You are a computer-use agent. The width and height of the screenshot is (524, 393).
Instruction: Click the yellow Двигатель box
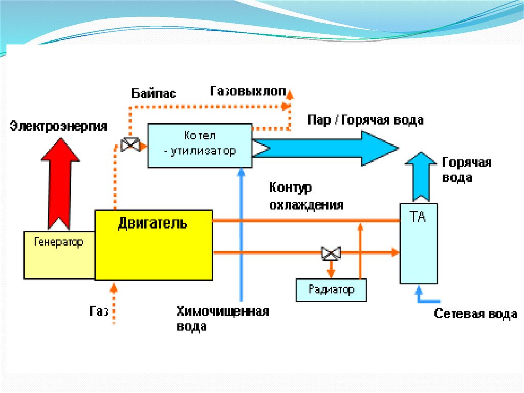pyautogui.click(x=154, y=245)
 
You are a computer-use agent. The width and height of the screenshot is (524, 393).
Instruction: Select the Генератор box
pyautogui.click(x=59, y=255)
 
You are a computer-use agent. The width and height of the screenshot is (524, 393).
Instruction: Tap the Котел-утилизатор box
pyautogui.click(x=200, y=145)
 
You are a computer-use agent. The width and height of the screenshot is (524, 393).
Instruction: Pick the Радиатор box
pyautogui.click(x=332, y=290)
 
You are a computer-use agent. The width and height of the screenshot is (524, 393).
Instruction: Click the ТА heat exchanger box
pyautogui.click(x=418, y=243)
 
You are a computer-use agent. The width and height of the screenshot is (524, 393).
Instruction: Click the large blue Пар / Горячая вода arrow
pyautogui.click(x=327, y=148)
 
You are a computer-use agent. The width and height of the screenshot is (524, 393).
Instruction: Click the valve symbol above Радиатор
pyautogui.click(x=331, y=252)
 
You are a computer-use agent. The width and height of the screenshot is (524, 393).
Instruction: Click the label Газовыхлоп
pyautogui.click(x=248, y=91)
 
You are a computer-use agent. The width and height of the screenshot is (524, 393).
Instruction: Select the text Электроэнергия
pyautogui.click(x=59, y=126)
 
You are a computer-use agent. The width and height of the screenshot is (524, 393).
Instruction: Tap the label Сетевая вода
pyautogui.click(x=475, y=314)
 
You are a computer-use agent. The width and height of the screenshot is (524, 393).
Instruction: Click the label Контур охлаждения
pyautogui.click(x=305, y=197)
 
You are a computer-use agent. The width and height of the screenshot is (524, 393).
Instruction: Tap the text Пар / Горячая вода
pyautogui.click(x=365, y=120)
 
